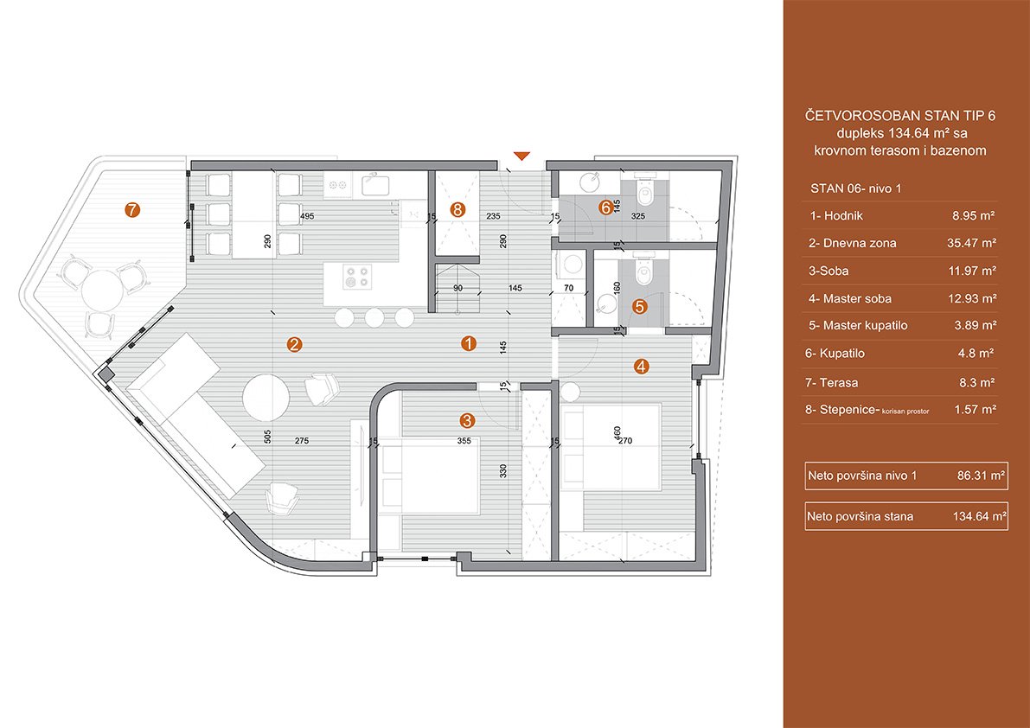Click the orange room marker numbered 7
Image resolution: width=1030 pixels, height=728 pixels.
click(x=132, y=209)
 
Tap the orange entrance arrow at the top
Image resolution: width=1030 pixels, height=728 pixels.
click(x=521, y=156)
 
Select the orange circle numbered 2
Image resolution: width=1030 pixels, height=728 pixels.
click(x=294, y=345)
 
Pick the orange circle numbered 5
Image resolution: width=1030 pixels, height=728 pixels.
click(x=639, y=305)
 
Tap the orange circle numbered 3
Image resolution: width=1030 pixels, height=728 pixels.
click(x=467, y=421)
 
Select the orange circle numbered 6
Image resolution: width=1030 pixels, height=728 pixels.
click(x=606, y=207)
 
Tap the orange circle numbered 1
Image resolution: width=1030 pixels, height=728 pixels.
click(x=468, y=344)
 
